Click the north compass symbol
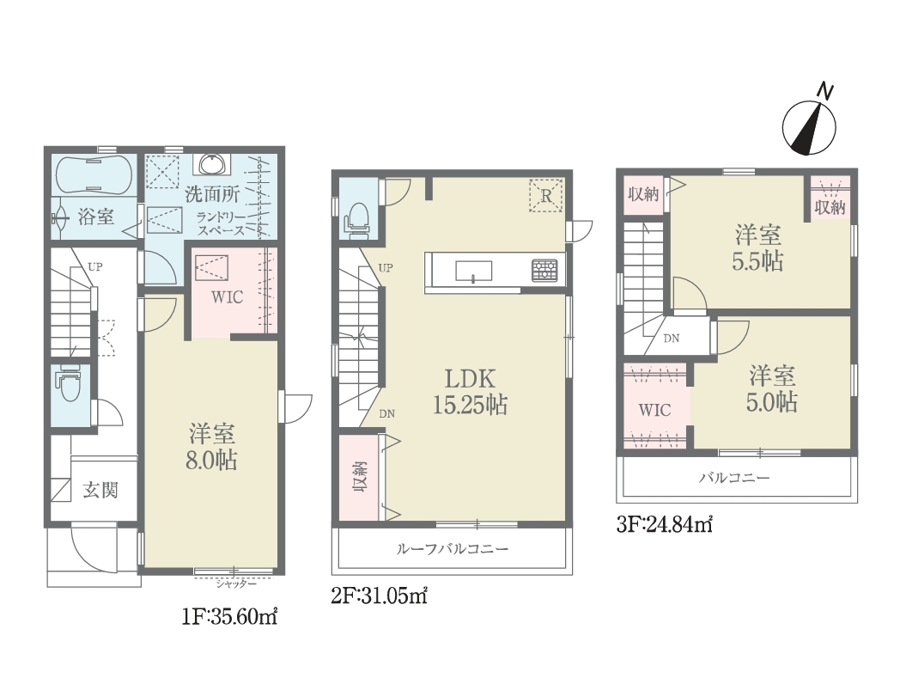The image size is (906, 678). [x=809, y=127]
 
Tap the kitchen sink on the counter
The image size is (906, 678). [x=474, y=271]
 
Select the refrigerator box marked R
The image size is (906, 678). [x=545, y=196]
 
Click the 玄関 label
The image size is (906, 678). [x=100, y=490]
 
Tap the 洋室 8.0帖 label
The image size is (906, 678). [x=212, y=447]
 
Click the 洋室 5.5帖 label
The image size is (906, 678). [x=757, y=248]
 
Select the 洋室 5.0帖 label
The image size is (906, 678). [x=773, y=389]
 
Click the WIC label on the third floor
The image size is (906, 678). [x=654, y=411]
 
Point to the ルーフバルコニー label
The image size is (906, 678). [x=453, y=548]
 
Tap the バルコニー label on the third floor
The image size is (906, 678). [x=734, y=478]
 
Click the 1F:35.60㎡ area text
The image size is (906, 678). [x=229, y=617]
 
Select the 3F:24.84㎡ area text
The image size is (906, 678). [x=665, y=524]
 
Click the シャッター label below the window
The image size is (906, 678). [x=236, y=583]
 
